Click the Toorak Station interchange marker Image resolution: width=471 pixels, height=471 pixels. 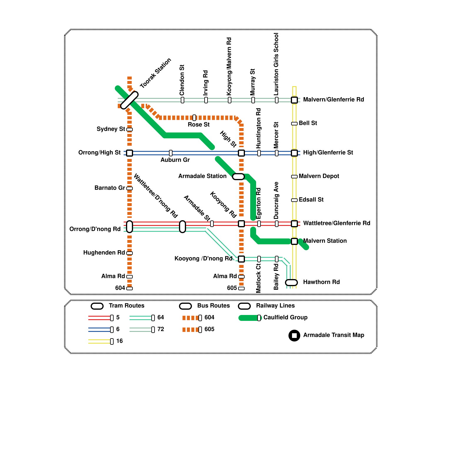(130, 100)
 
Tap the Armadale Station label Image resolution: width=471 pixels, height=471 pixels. (202, 176)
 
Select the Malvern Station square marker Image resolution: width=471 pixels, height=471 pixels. (294, 241)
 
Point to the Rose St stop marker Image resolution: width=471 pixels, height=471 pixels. (194, 118)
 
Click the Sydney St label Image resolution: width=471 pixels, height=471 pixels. (111, 129)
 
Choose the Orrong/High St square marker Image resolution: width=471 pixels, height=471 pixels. (130, 153)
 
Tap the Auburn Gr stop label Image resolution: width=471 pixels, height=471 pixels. (175, 160)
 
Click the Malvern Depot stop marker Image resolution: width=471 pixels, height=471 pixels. (294, 177)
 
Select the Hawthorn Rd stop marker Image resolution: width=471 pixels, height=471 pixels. (291, 283)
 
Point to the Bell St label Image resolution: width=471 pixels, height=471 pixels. (308, 123)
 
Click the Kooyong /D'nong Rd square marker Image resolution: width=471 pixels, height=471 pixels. (241, 259)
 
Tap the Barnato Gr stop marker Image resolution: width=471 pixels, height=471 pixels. (130, 188)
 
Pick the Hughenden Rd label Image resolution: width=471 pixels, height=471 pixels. (104, 253)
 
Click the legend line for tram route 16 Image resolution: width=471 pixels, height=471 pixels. (99, 341)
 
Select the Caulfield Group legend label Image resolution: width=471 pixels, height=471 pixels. (285, 317)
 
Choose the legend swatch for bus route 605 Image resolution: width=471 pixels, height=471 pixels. (191, 330)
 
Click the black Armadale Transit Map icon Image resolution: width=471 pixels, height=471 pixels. (294, 336)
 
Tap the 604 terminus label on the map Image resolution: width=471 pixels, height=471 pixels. (120, 288)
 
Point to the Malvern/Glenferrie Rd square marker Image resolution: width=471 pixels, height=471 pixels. (294, 100)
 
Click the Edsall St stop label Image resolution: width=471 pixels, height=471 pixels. (311, 200)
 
